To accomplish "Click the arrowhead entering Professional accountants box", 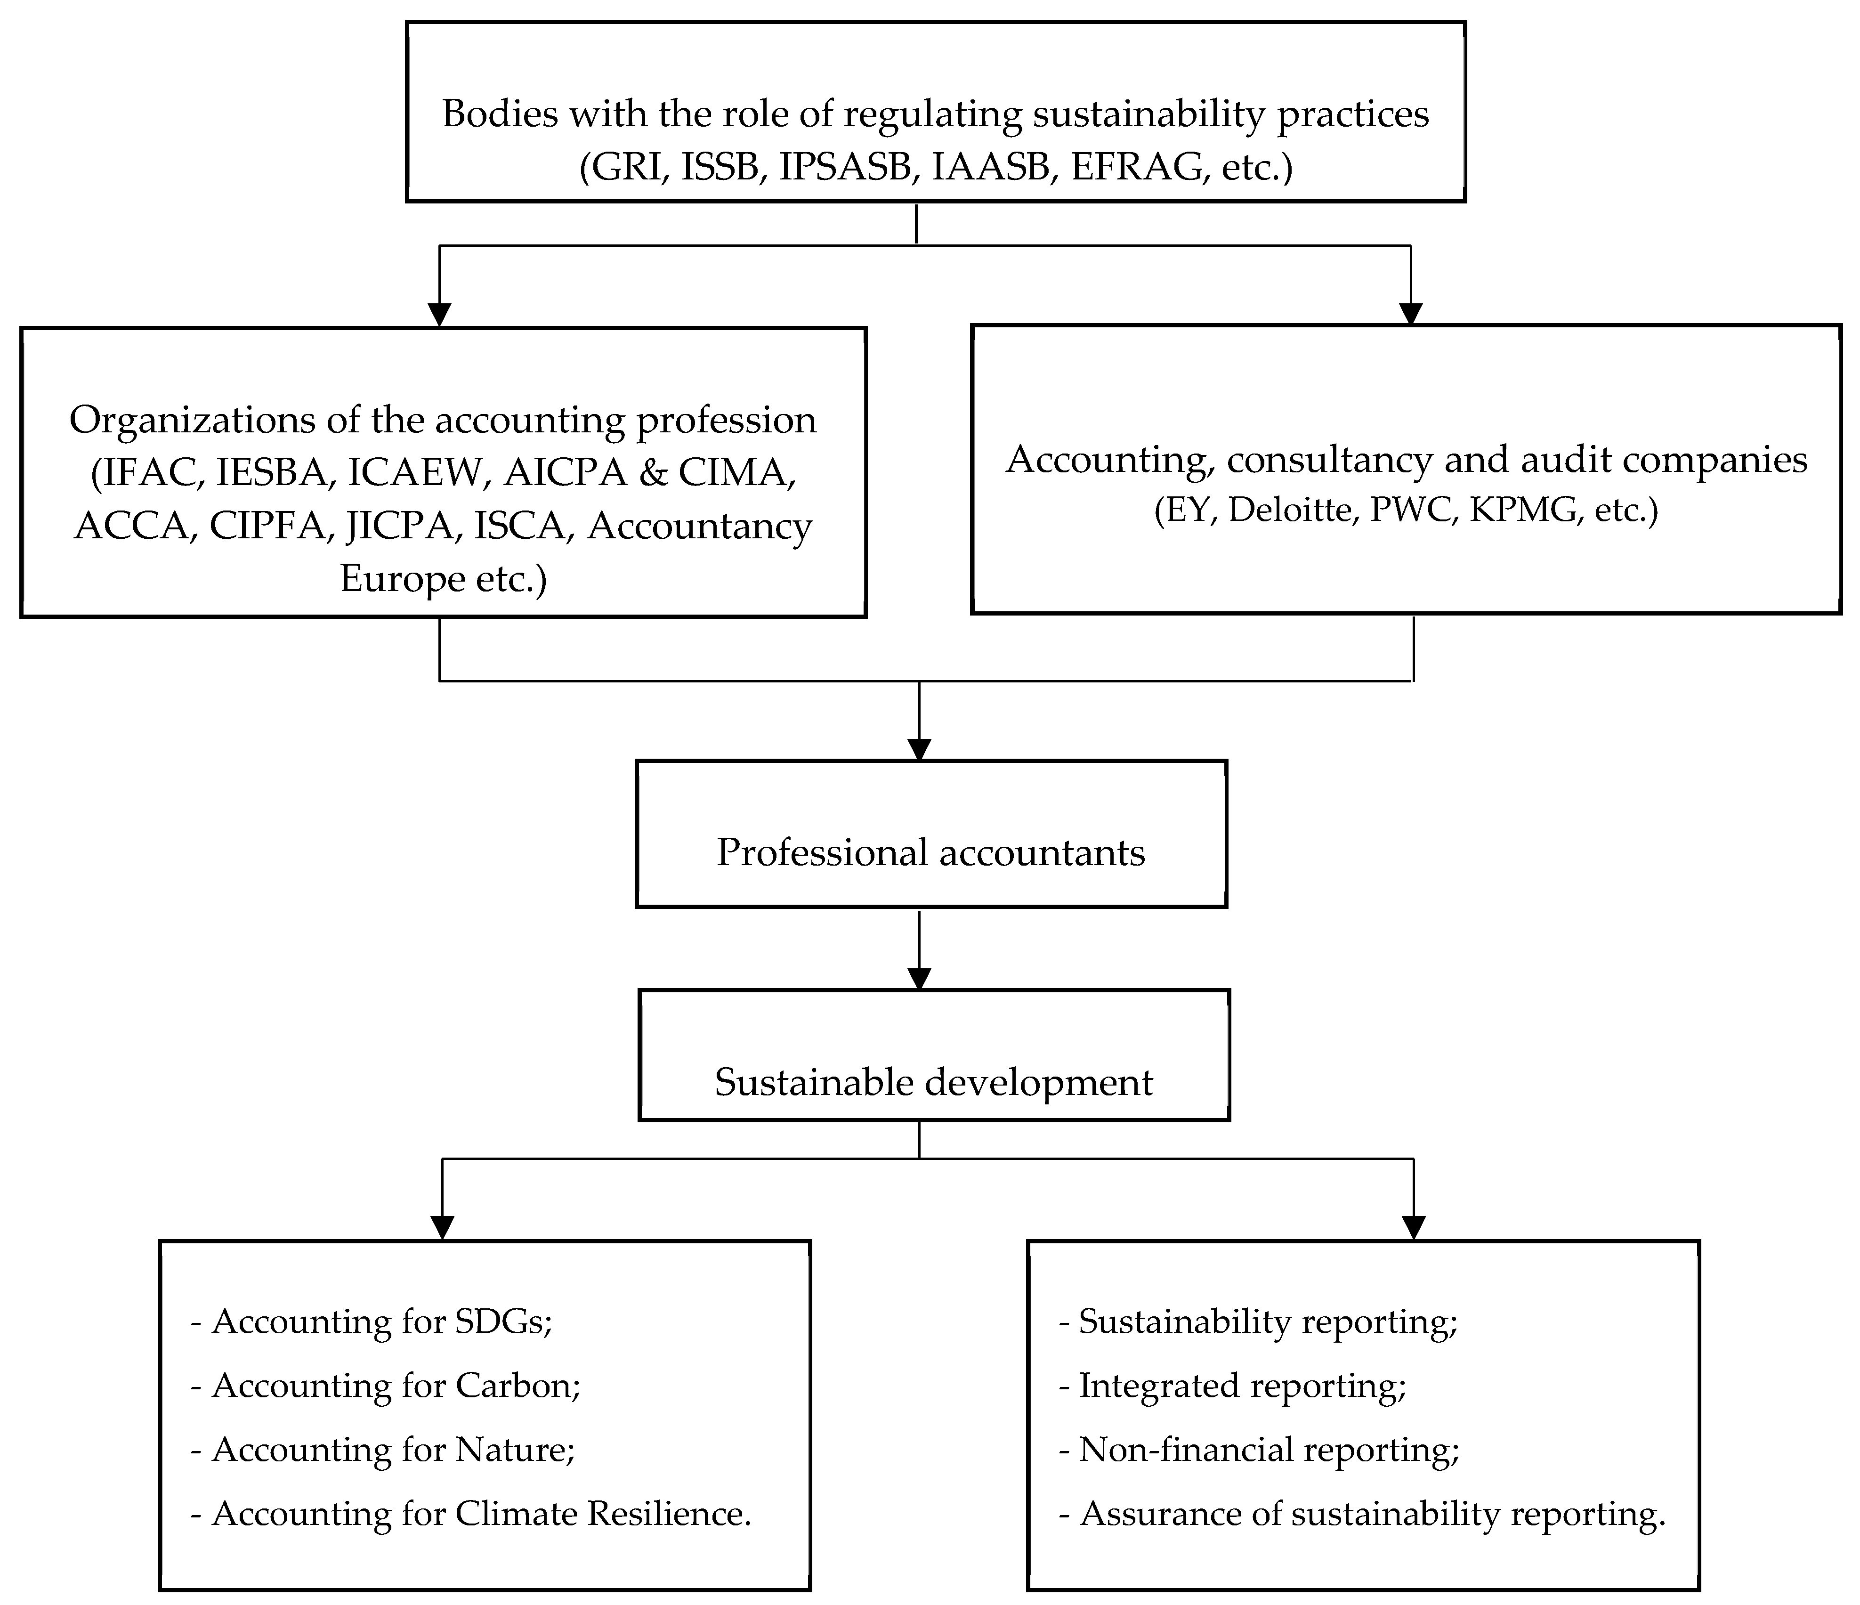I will tap(919, 749).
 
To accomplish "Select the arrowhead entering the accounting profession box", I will tap(439, 314).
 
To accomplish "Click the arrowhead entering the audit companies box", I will tap(1411, 313).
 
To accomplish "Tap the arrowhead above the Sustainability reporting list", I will tap(1414, 1228).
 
